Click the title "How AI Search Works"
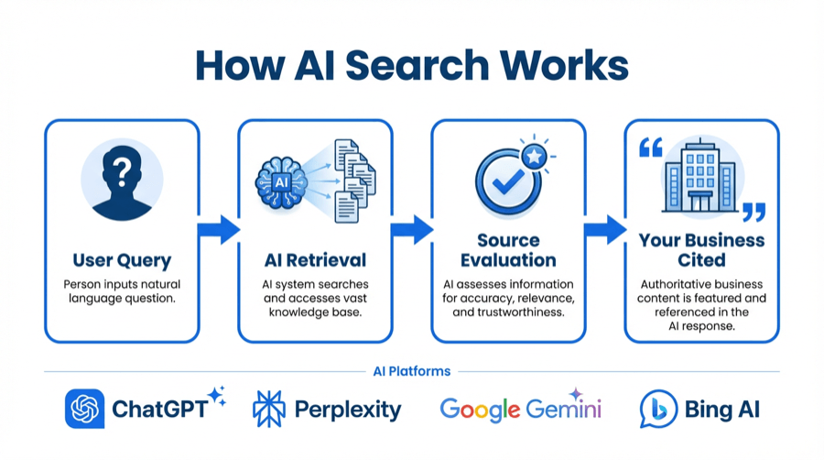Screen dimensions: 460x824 pyautogui.click(x=412, y=66)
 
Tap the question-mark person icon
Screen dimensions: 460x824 pyautogui.click(x=122, y=181)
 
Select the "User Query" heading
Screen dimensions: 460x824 pyautogui.click(x=122, y=260)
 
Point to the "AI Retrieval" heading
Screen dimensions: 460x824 pyautogui.click(x=315, y=260)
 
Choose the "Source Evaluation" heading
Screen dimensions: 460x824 pyautogui.click(x=508, y=250)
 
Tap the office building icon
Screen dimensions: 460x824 pyautogui.click(x=701, y=179)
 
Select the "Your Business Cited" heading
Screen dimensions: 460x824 pyautogui.click(x=701, y=250)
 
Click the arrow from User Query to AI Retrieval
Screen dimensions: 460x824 pyautogui.click(x=218, y=230)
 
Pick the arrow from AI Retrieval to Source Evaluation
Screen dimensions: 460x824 pyautogui.click(x=411, y=230)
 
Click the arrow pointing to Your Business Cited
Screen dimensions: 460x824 pyautogui.click(x=605, y=230)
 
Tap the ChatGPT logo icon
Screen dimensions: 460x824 pyautogui.click(x=84, y=409)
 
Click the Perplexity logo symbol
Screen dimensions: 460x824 pyautogui.click(x=268, y=409)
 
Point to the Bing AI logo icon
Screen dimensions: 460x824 pyautogui.click(x=658, y=409)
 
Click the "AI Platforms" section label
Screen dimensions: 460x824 pyautogui.click(x=412, y=371)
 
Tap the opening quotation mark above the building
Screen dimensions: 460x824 pyautogui.click(x=650, y=148)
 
